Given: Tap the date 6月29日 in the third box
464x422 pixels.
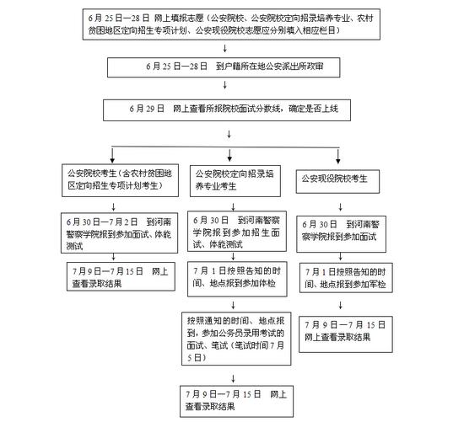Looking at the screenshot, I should pos(145,110).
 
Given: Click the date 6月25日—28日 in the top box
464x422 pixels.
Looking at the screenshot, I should pos(117,17).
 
